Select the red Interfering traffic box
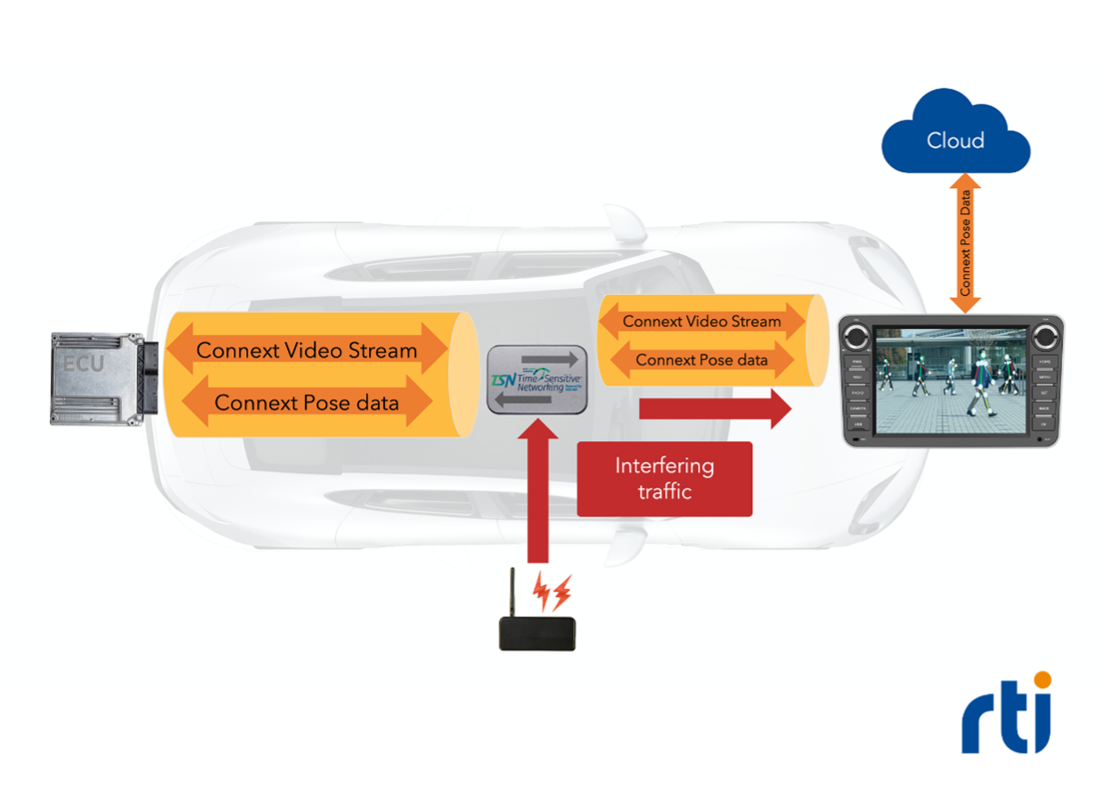coord(665,479)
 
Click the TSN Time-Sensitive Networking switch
coord(537,379)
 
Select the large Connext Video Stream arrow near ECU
coord(307,349)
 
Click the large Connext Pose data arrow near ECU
coord(307,402)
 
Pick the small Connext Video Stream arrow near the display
coord(701,321)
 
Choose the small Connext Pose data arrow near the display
coord(701,361)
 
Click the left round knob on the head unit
coord(857,338)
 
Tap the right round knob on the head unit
coord(1044,338)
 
